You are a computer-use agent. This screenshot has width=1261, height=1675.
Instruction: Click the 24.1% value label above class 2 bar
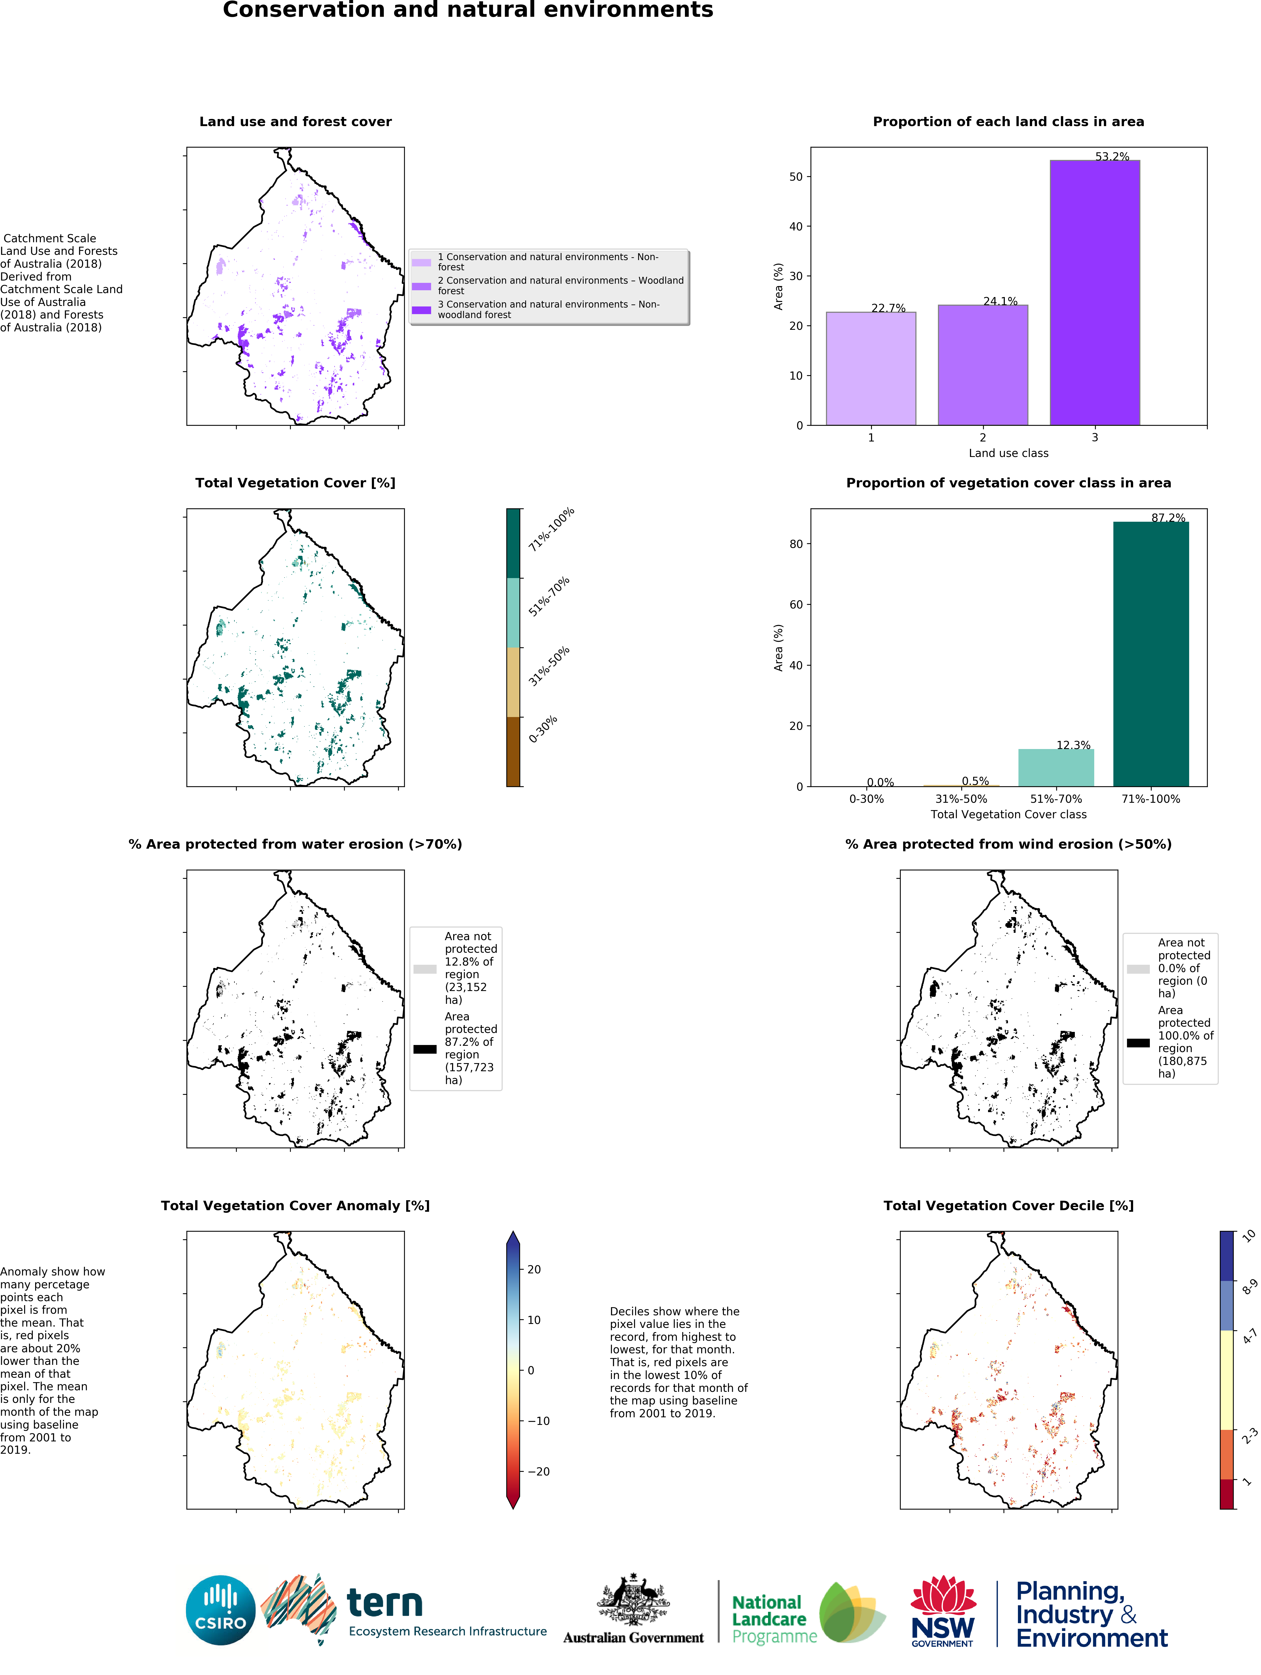1000,301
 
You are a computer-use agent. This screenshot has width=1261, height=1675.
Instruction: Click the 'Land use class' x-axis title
1008,453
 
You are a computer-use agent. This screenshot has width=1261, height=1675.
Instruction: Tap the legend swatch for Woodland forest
421,286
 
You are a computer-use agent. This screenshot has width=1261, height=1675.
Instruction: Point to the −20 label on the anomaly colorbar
538,1471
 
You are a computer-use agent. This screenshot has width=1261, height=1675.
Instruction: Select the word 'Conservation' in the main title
303,10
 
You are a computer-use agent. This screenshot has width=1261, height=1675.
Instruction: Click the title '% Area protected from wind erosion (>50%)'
1008,844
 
